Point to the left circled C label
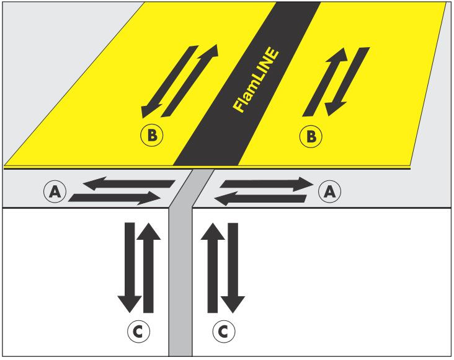[x=141, y=331]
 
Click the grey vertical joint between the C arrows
[x=180, y=279]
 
